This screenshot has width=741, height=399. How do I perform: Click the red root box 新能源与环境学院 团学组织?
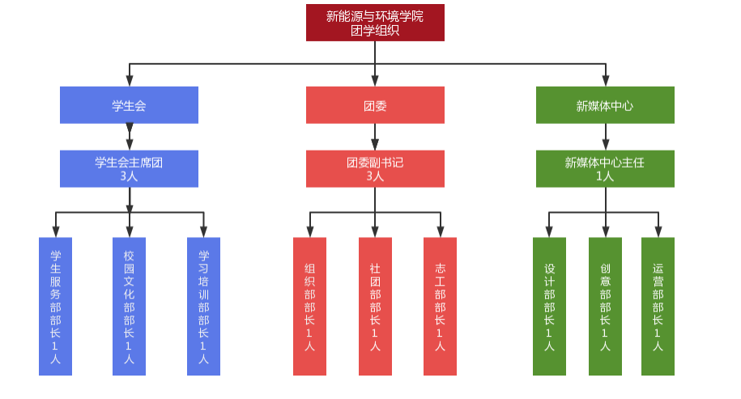pos(375,23)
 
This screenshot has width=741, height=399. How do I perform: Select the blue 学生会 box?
pos(129,105)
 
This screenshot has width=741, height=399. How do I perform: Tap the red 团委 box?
pos(375,105)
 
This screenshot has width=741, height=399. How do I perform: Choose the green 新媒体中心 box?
pos(605,105)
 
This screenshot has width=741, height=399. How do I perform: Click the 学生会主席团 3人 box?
pos(129,168)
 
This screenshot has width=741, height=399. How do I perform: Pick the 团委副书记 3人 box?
pos(375,168)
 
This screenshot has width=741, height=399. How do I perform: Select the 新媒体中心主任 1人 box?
pos(605,168)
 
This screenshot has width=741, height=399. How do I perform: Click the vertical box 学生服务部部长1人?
pos(55,307)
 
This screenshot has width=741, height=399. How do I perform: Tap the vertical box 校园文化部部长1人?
pos(129,307)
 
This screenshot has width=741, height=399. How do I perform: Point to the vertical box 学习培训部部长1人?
pos(203,307)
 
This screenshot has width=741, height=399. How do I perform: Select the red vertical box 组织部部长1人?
pos(309,307)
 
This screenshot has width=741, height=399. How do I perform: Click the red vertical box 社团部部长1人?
pos(375,307)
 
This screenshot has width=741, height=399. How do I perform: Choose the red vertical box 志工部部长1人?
pos(440,307)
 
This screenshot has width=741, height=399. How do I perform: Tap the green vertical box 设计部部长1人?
pos(549,307)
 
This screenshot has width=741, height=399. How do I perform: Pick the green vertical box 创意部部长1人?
pos(605,307)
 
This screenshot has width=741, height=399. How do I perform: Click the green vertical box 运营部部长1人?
pos(658,307)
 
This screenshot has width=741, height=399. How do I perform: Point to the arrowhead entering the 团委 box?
pos(375,80)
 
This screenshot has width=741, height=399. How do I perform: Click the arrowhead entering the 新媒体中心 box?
pos(605,80)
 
